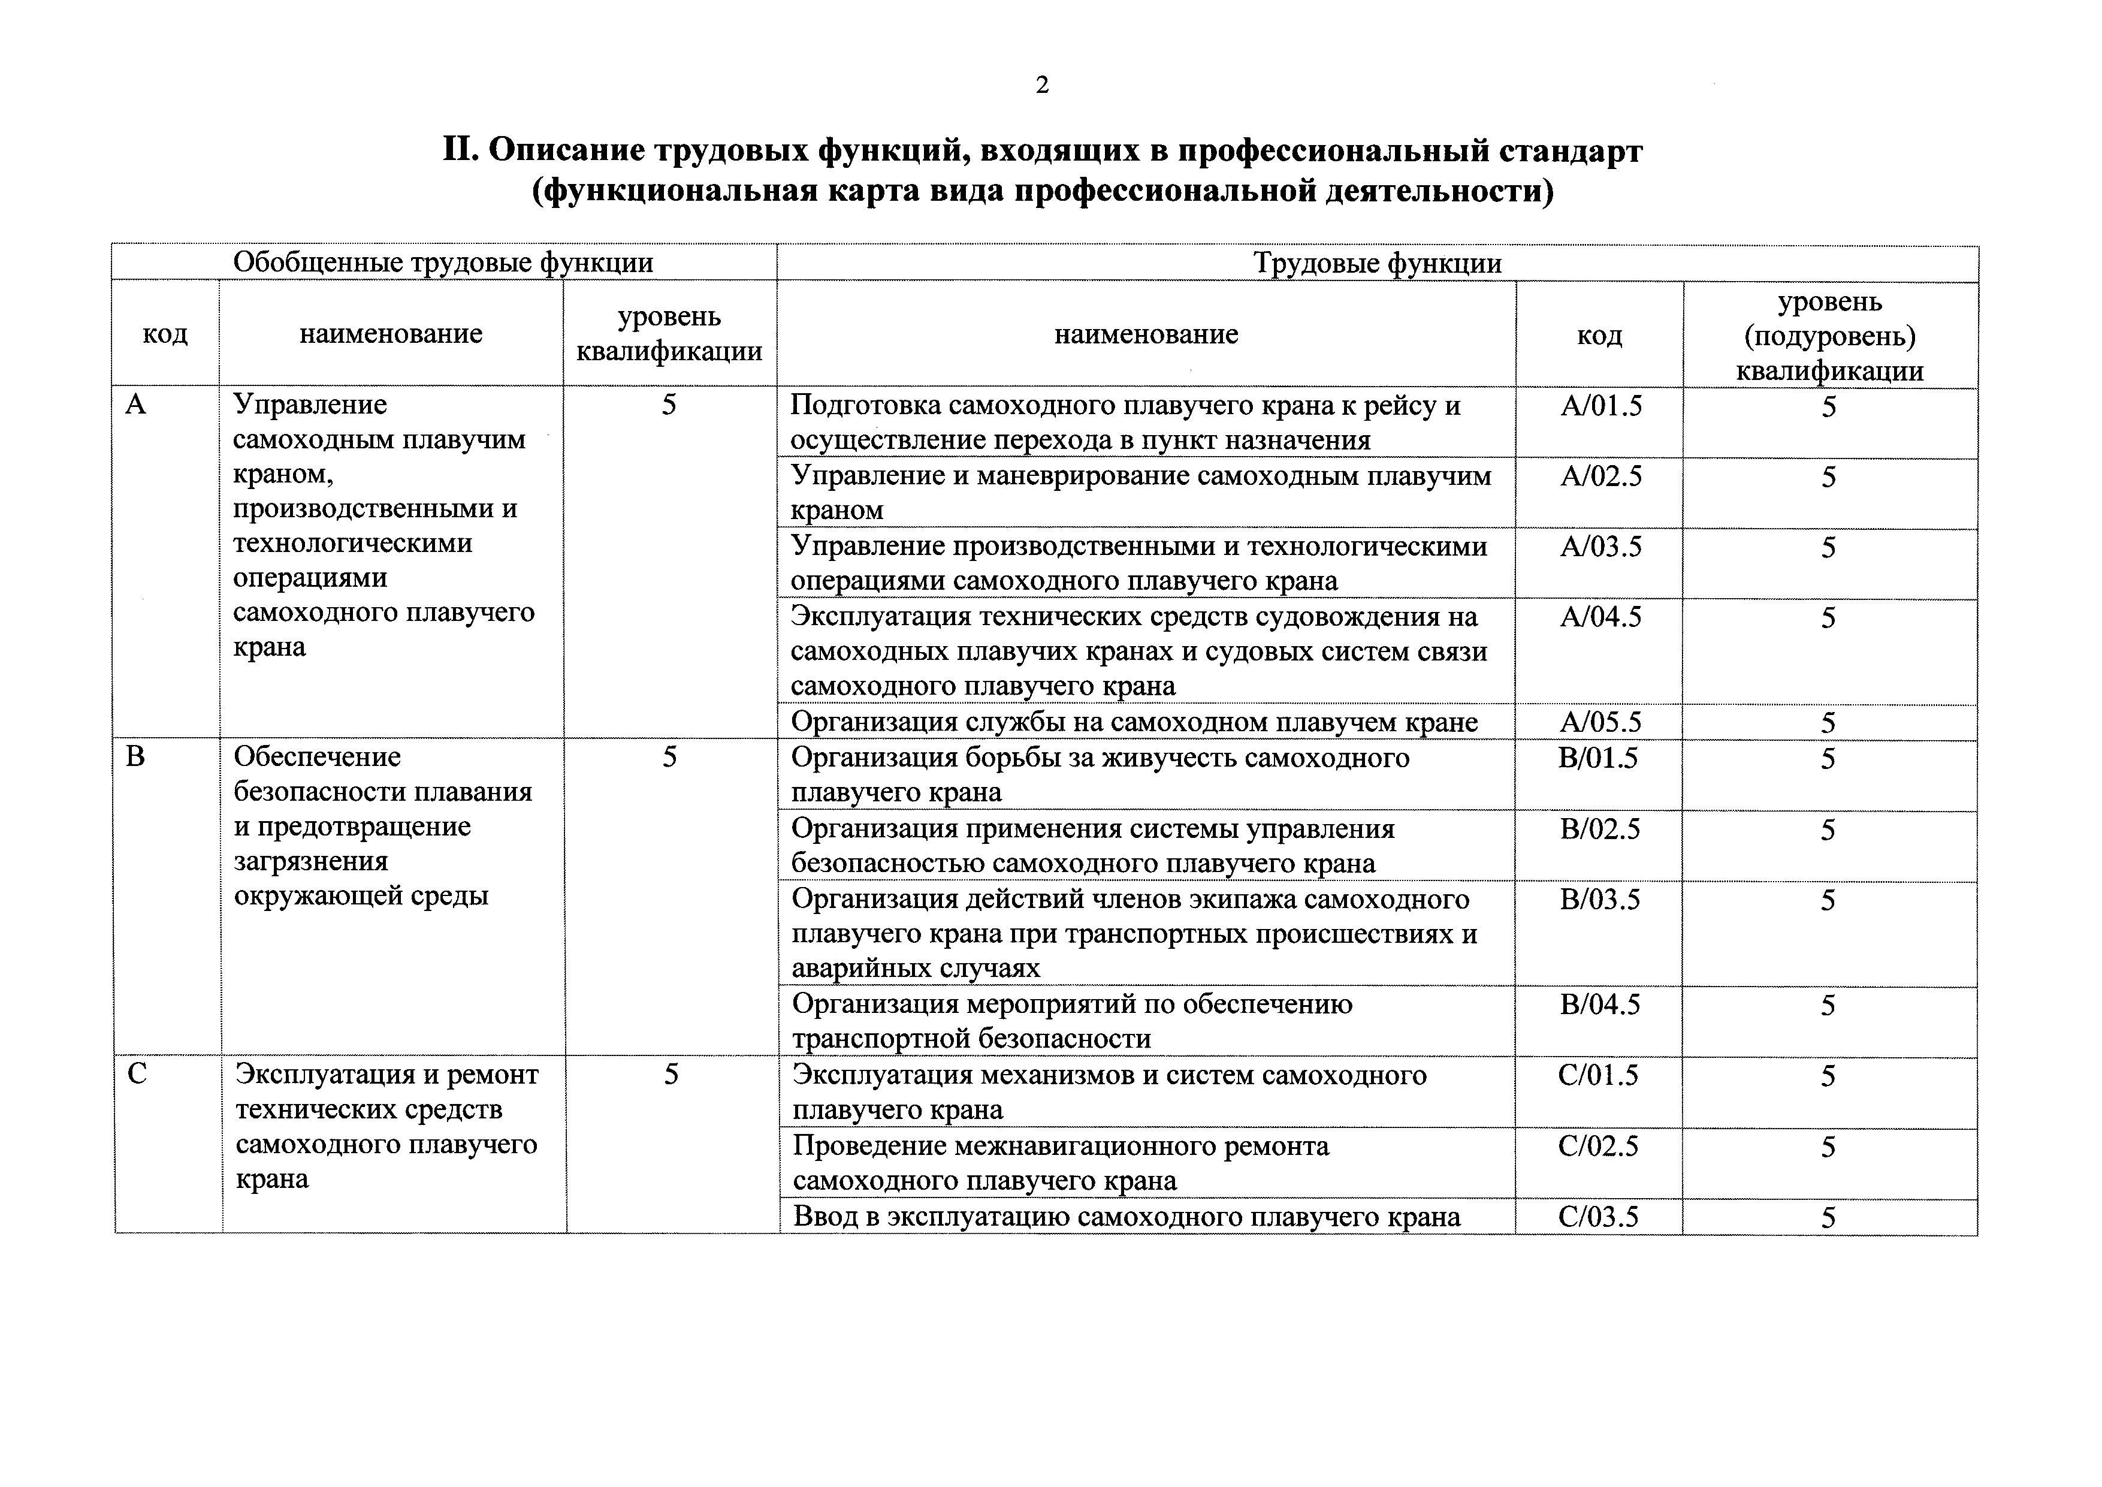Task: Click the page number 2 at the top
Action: tap(1042, 85)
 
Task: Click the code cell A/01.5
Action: tap(1600, 406)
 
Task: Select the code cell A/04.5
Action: tap(1600, 617)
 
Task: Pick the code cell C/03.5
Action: tap(1599, 1217)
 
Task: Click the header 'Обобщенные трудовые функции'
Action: tap(443, 263)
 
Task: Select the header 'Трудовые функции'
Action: tap(1377, 264)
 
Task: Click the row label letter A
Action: tap(135, 405)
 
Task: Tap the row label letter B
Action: tap(135, 757)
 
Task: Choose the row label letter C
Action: tap(137, 1073)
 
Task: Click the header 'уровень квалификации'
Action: tap(669, 334)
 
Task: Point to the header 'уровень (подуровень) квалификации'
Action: tap(1829, 336)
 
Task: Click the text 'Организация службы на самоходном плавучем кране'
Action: tap(1134, 722)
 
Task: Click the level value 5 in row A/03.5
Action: tap(1828, 548)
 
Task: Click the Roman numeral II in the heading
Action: tap(461, 150)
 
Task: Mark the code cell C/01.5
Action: tap(1599, 1076)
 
